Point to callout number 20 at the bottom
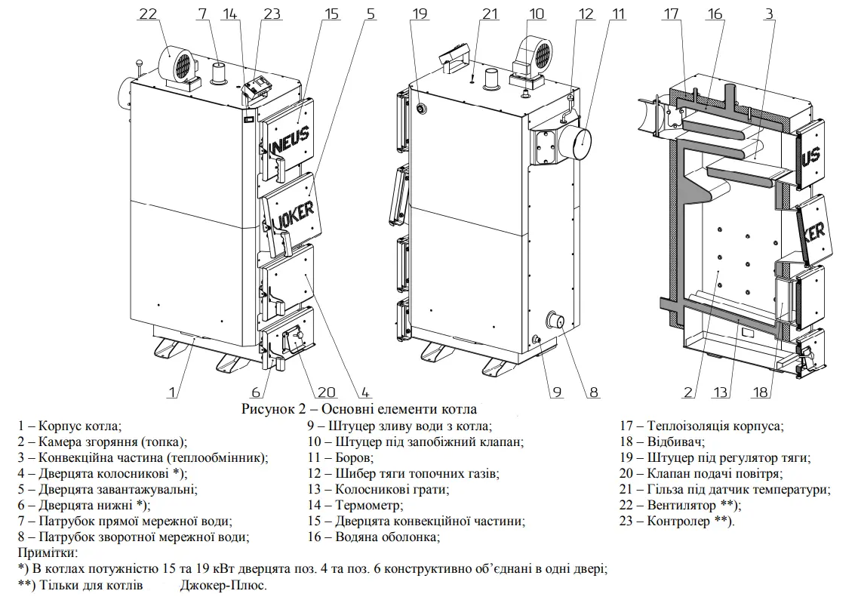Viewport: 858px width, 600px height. click(326, 392)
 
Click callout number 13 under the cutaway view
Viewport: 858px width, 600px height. click(720, 392)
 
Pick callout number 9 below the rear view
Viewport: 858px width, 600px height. click(557, 392)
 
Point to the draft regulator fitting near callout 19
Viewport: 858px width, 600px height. click(422, 109)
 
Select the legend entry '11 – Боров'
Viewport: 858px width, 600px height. click(340, 457)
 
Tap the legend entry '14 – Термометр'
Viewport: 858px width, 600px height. click(355, 505)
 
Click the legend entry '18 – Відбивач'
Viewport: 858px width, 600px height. click(662, 442)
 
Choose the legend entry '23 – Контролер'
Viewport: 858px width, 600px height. click(677, 521)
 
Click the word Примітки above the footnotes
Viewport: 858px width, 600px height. click(48, 552)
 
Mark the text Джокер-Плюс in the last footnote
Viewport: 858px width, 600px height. click(223, 585)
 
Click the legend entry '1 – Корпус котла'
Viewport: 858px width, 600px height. click(69, 426)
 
